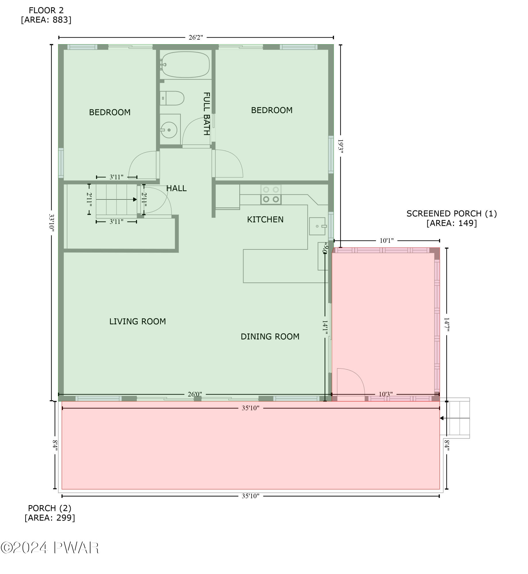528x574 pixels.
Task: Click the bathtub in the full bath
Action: pos(186,64)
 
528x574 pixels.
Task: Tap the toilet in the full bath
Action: pos(172,98)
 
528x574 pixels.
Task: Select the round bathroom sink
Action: pos(169,130)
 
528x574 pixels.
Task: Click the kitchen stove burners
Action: pos(271,195)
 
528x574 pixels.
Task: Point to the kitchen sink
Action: pos(317,226)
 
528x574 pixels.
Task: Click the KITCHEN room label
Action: pos(265,220)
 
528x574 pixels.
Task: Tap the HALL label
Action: pos(176,188)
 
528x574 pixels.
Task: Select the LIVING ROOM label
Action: pos(137,321)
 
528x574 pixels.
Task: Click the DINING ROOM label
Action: pos(270,336)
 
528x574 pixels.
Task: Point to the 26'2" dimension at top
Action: pos(196,37)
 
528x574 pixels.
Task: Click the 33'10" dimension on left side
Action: pos(51,222)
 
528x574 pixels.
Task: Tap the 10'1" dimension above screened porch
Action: pos(386,241)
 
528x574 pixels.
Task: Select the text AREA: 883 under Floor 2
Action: pos(46,20)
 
